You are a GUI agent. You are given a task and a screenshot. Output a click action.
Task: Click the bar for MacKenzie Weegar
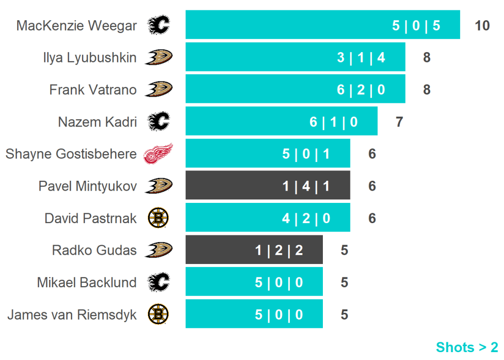(322, 25)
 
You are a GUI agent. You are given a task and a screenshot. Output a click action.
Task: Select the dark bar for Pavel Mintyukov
(267, 186)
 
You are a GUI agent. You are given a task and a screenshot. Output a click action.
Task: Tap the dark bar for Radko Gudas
(253, 250)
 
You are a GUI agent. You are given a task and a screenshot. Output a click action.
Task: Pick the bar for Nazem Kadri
(281, 121)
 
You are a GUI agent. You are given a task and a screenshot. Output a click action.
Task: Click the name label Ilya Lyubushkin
(90, 58)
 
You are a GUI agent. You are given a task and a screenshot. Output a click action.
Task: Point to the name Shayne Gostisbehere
(71, 154)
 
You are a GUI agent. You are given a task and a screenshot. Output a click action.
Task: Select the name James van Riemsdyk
(72, 315)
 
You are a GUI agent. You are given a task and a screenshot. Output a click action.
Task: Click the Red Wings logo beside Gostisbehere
(158, 154)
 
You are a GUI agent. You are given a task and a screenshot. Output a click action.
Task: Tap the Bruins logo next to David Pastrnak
(158, 218)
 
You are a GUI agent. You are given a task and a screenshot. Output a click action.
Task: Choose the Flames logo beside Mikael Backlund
(158, 282)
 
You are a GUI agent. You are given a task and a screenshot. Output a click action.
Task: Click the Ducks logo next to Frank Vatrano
(158, 89)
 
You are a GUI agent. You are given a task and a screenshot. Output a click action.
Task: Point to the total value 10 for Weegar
(482, 26)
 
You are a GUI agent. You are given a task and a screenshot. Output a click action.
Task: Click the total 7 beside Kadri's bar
(399, 122)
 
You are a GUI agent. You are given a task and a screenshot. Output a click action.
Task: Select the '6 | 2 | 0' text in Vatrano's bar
(361, 90)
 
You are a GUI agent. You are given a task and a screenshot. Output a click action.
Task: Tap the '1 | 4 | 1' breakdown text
(306, 186)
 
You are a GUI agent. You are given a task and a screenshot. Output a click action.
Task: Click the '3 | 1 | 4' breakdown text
(361, 58)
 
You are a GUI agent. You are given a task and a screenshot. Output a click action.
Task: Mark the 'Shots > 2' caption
(467, 347)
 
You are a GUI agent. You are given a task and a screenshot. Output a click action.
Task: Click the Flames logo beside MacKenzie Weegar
(158, 25)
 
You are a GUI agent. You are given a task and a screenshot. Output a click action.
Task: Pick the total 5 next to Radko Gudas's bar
(344, 250)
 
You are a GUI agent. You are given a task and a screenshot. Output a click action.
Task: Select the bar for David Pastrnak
(267, 218)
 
